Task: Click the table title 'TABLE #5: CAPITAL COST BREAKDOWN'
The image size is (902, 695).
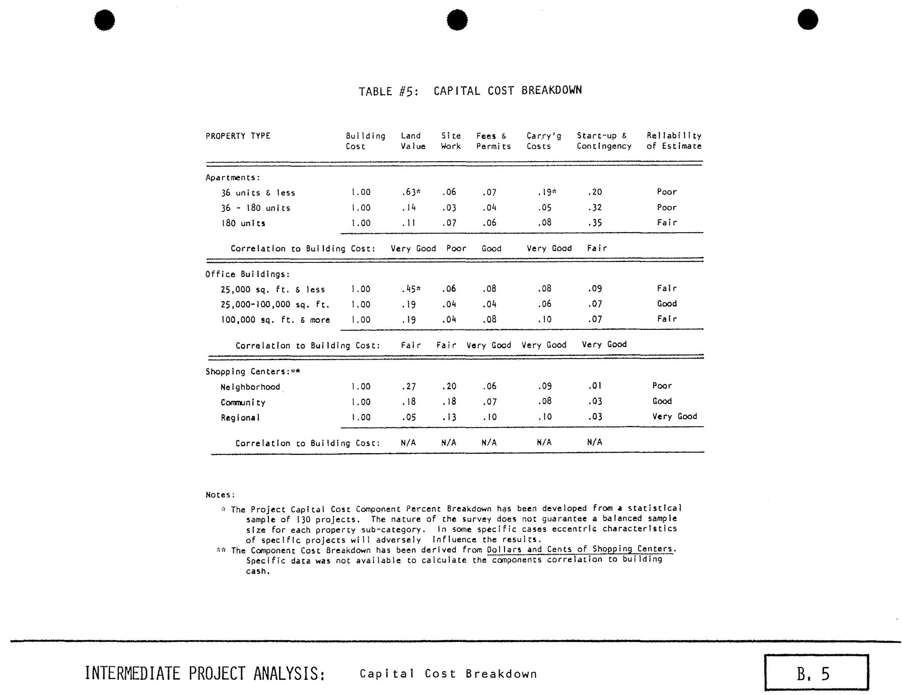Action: [470, 91]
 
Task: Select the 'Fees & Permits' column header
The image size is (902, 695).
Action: [493, 141]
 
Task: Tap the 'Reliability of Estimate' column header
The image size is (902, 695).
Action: [673, 141]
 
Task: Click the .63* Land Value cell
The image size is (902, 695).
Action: [410, 192]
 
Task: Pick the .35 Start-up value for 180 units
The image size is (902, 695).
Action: [594, 223]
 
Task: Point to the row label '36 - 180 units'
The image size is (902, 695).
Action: [255, 208]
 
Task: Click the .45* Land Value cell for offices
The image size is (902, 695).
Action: [410, 289]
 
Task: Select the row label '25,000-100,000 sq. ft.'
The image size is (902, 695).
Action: [275, 305]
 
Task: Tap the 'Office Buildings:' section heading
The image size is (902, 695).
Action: [247, 274]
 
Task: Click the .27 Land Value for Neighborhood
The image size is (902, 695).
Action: [408, 386]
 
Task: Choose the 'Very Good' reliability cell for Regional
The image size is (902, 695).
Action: [674, 416]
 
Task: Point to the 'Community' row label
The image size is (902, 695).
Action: [243, 402]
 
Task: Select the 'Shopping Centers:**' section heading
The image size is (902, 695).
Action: [253, 372]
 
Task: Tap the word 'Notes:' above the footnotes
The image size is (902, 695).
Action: [220, 495]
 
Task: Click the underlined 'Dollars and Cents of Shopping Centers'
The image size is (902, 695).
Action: [580, 549]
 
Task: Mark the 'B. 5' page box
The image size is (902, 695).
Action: [816, 673]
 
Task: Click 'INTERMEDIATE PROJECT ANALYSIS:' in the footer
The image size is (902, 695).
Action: [204, 673]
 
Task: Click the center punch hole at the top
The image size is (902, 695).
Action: [457, 20]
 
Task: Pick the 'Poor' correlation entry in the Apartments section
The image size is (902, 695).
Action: [456, 248]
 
